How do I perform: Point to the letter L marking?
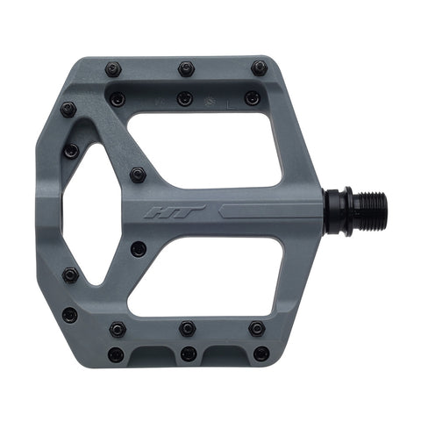[x=229, y=102]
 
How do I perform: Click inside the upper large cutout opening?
[x=206, y=149]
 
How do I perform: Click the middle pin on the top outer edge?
[x=186, y=68]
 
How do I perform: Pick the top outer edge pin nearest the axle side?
[x=259, y=67]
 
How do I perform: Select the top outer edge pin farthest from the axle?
[x=113, y=68]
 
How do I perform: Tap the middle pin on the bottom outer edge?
[x=188, y=354]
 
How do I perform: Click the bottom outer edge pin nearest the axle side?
[x=260, y=354]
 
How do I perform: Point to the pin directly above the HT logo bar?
[x=138, y=175]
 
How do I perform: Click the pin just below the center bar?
[x=138, y=248]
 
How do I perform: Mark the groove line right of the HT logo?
[x=263, y=210]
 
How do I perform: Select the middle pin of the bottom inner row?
[x=187, y=328]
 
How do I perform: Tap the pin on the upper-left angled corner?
[x=68, y=110]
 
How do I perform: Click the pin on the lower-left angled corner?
[x=69, y=313]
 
